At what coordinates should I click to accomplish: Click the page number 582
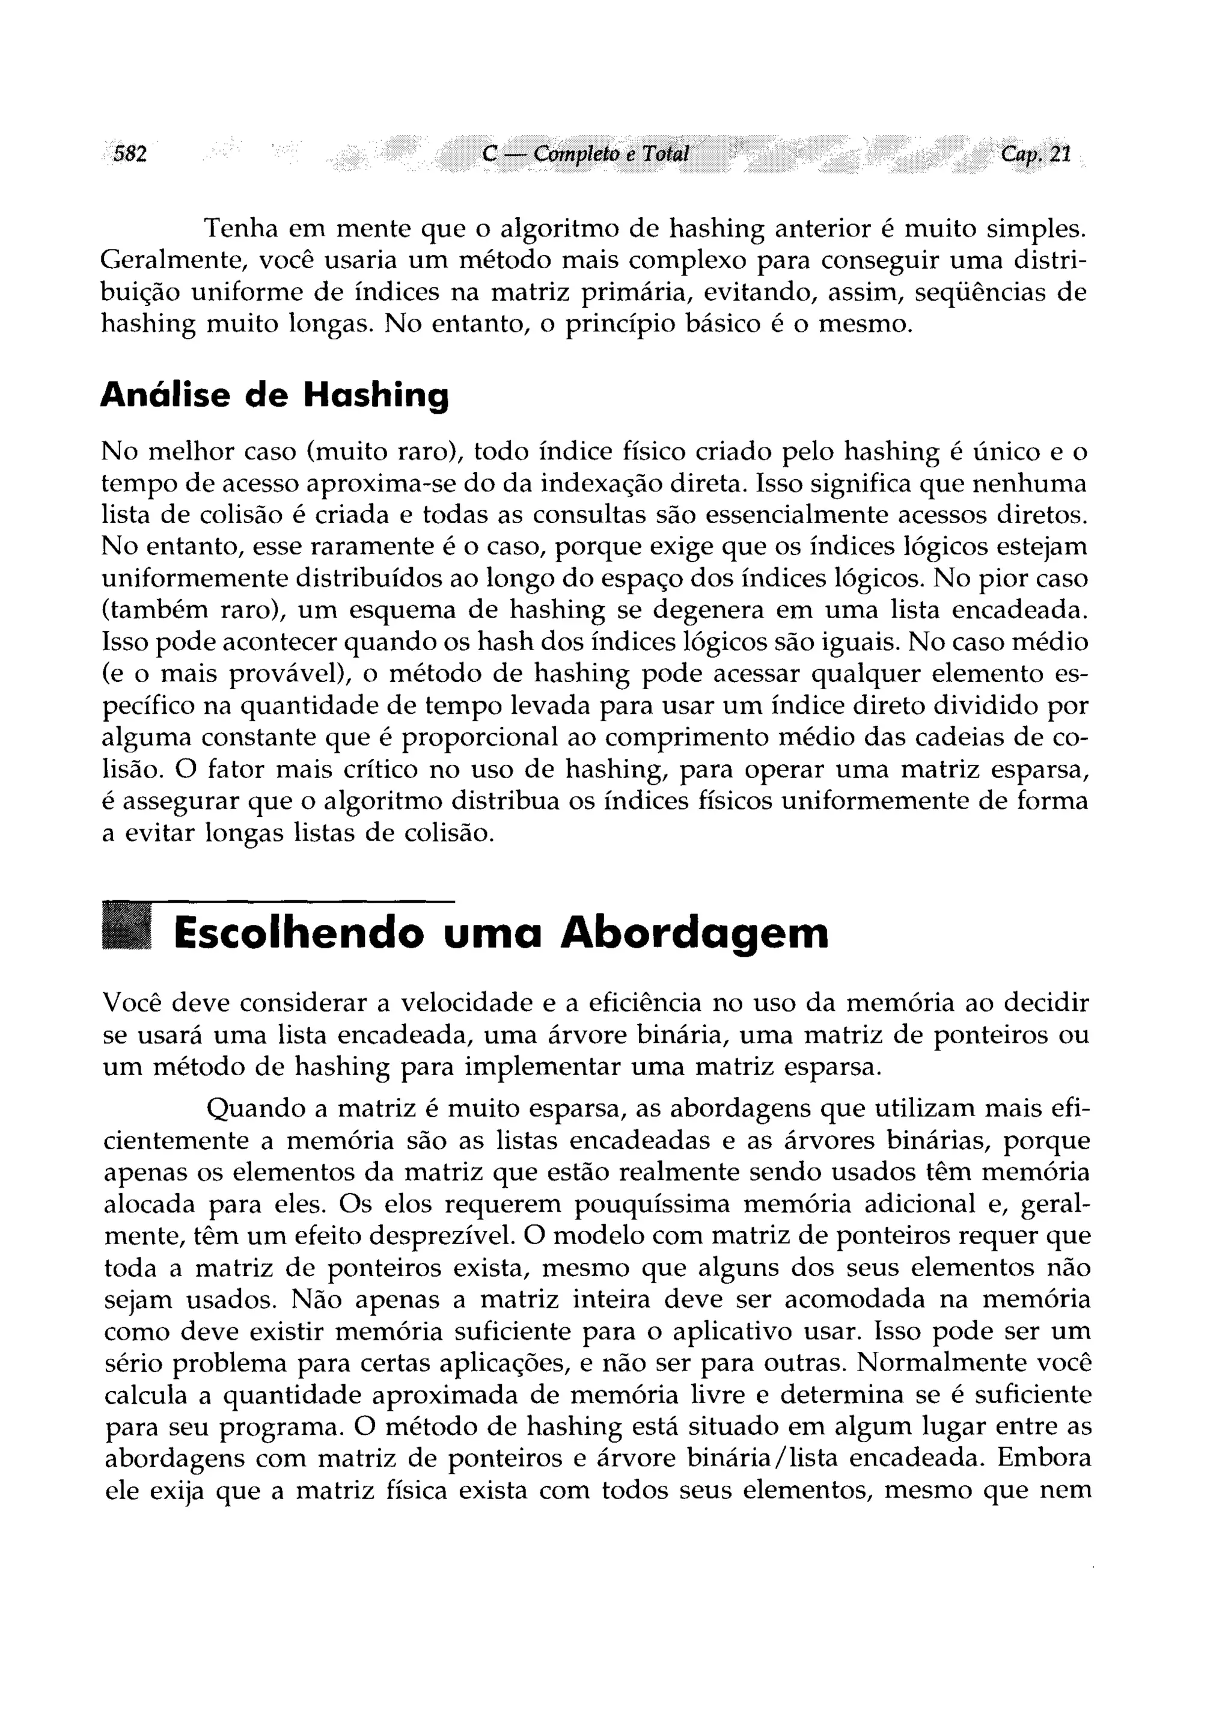pyautogui.click(x=129, y=154)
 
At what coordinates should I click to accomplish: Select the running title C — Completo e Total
pyautogui.click(x=585, y=154)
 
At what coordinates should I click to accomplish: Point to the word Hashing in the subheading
pyautogui.click(x=375, y=396)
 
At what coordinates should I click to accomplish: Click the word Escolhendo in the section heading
pyautogui.click(x=298, y=933)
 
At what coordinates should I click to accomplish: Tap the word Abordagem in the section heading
pyautogui.click(x=694, y=934)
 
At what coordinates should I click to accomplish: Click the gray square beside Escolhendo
pyautogui.click(x=126, y=928)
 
